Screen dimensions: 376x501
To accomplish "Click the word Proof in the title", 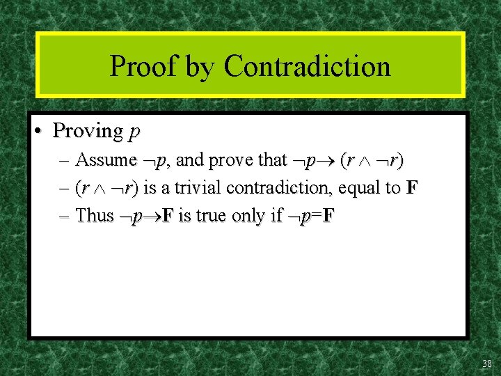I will [142, 67].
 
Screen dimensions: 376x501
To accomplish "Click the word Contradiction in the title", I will [307, 67].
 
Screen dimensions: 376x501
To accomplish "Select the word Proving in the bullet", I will [88, 131].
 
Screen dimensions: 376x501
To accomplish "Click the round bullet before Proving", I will [42, 131].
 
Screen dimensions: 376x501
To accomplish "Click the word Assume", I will [106, 160].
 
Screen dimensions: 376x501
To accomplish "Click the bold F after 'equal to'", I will [411, 188].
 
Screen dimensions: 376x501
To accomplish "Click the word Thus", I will [94, 215].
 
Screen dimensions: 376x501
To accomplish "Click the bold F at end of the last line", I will [328, 215].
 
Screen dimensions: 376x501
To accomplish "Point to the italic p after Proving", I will [134, 132].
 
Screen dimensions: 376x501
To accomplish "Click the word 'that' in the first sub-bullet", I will [272, 160].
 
